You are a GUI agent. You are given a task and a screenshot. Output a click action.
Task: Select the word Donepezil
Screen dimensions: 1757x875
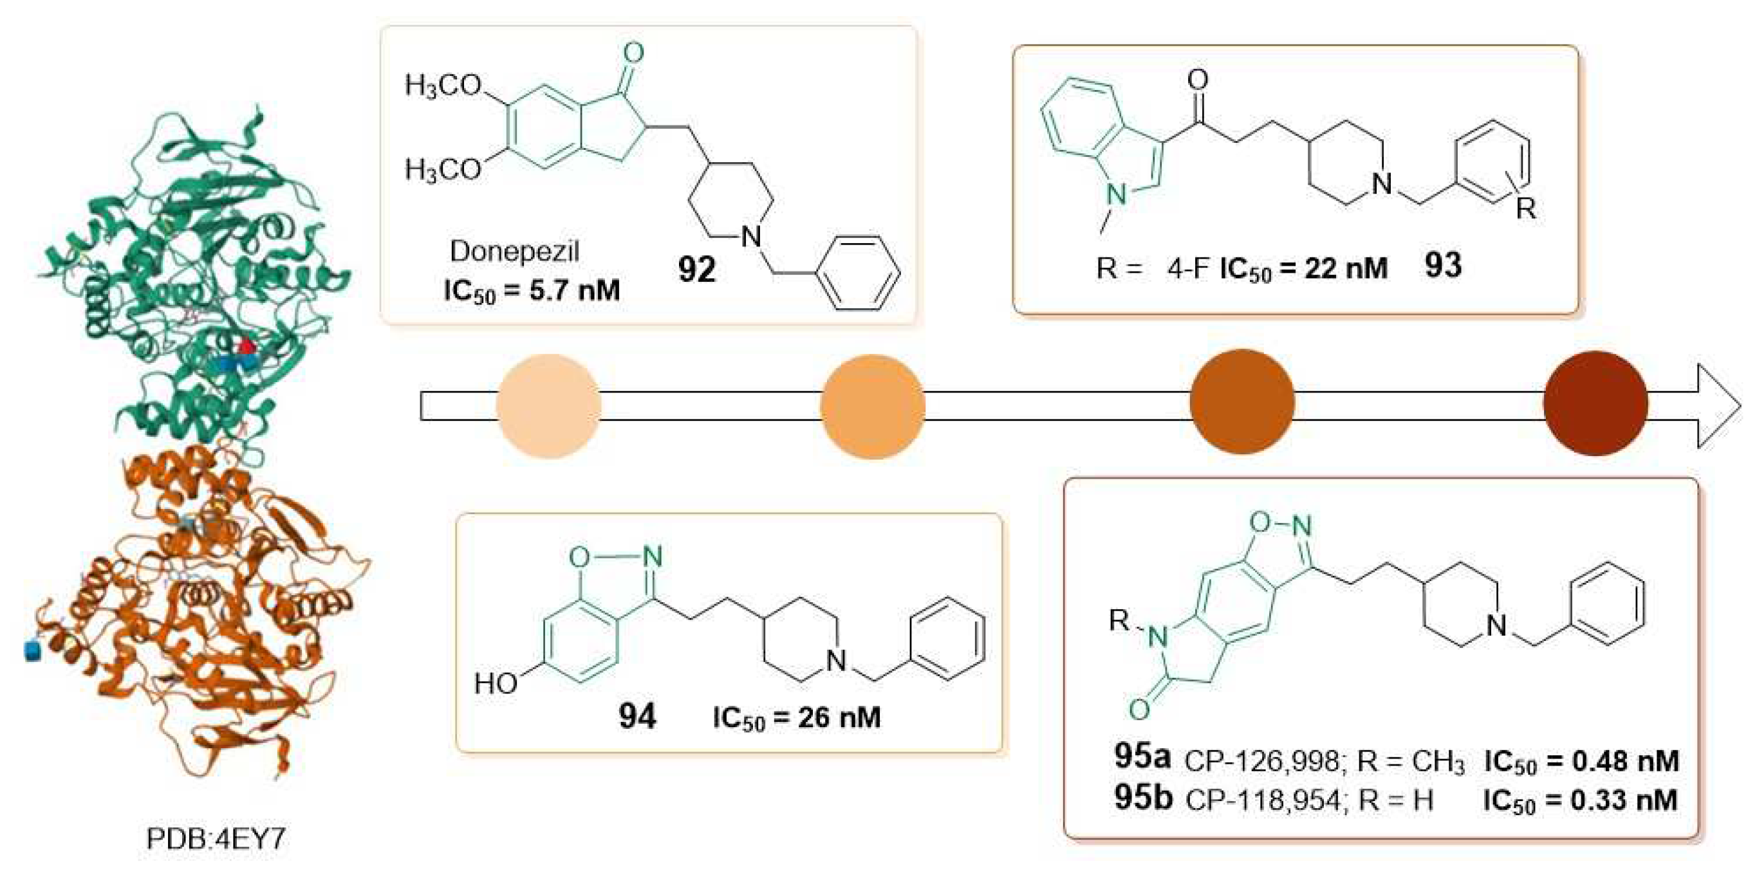click(x=514, y=252)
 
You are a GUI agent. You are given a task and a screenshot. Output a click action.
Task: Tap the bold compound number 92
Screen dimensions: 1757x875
click(x=696, y=270)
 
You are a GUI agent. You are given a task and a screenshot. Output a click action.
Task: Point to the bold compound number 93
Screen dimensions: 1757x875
click(x=1442, y=265)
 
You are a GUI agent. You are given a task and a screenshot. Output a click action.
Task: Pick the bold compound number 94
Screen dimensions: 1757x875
click(x=637, y=717)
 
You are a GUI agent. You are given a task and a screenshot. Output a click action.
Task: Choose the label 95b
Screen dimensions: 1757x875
click(x=1143, y=797)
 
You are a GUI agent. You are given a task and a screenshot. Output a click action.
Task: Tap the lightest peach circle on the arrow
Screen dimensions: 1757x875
click(x=548, y=407)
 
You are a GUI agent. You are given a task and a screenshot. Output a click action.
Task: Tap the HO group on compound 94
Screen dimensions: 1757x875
click(x=496, y=683)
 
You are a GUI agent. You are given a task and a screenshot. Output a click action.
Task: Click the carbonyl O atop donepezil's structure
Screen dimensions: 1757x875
click(x=634, y=53)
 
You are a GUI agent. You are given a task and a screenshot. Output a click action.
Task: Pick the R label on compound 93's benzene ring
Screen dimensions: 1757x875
click(x=1525, y=208)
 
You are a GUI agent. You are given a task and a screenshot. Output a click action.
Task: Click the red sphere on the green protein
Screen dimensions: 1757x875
click(x=247, y=348)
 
